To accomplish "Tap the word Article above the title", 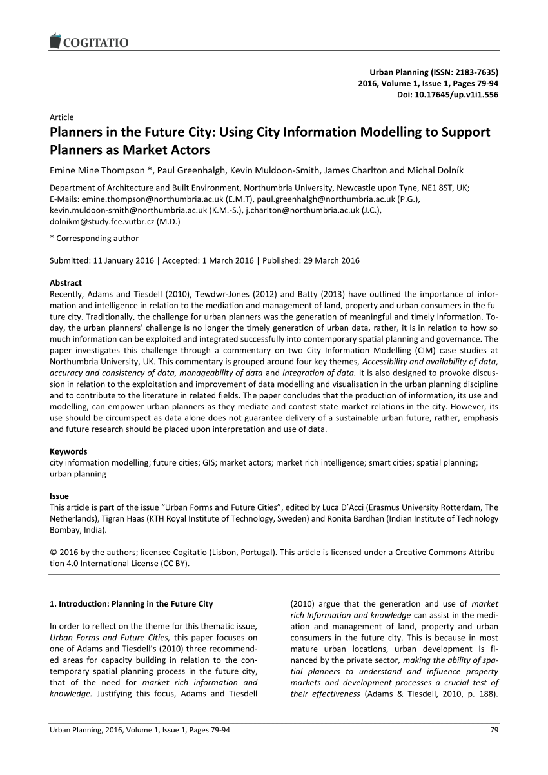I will click(62, 117).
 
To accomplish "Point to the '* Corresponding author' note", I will click(94, 239).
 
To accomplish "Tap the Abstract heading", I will click(66, 283).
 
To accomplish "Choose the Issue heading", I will click(59, 497).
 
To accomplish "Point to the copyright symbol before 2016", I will click(54, 553).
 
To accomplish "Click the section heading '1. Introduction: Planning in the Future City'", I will click(131, 605).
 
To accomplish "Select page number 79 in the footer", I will click(493, 731).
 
